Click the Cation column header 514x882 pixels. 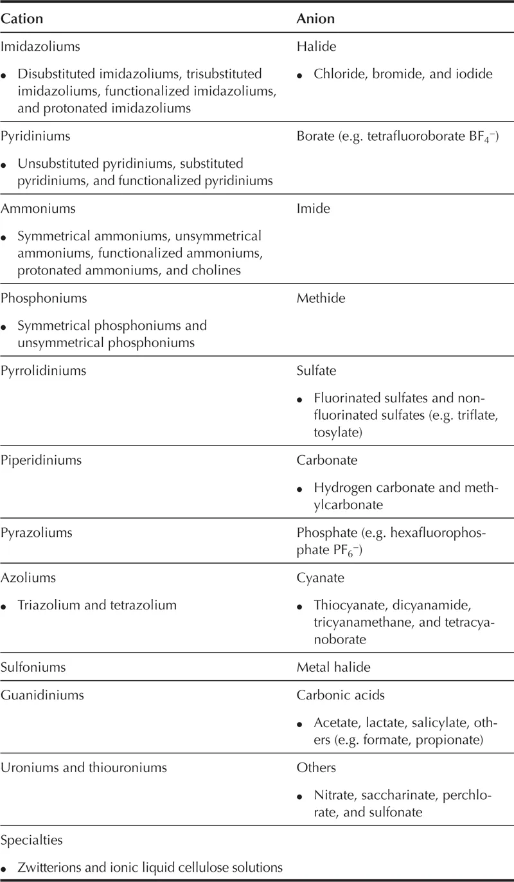pyautogui.click(x=22, y=19)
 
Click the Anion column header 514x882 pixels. pyautogui.click(x=315, y=19)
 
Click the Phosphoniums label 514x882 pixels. pyautogui.click(x=44, y=298)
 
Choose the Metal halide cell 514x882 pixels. pyautogui.click(x=333, y=667)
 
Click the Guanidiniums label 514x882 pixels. pyautogui.click(x=42, y=695)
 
